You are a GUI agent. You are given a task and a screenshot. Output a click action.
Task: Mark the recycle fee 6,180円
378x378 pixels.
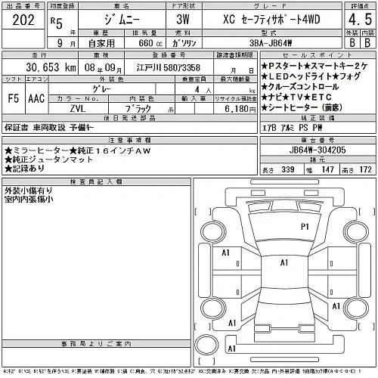tap(234, 108)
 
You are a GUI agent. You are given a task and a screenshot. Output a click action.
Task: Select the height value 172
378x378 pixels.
tap(366, 169)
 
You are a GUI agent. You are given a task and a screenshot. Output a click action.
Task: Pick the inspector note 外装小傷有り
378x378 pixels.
tap(27, 190)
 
